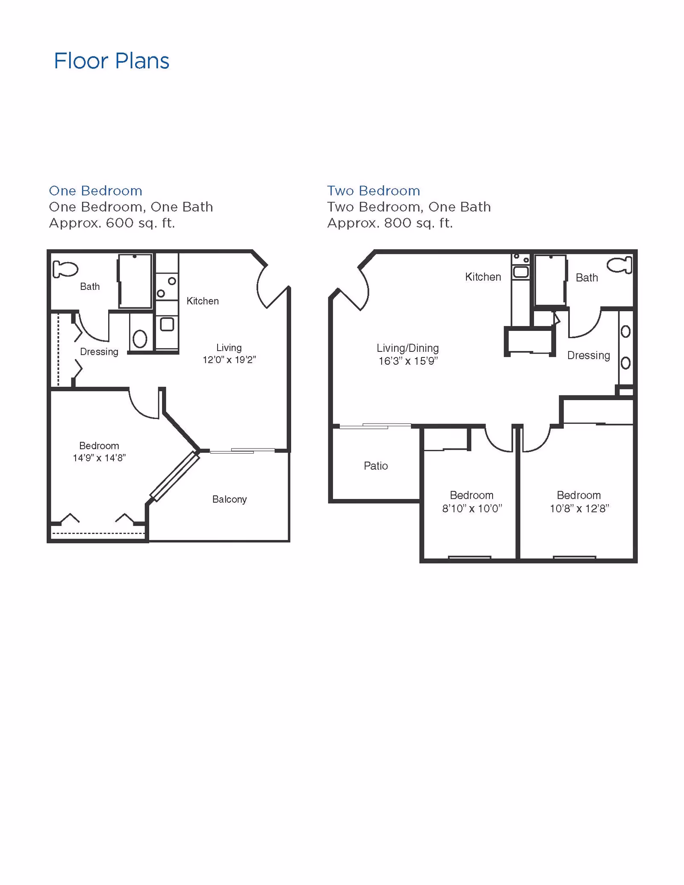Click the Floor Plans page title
(x=112, y=61)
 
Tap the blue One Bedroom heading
(x=95, y=191)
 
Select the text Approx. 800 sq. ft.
(x=390, y=223)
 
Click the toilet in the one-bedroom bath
(x=65, y=269)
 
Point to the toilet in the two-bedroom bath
(x=619, y=265)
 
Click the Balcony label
(x=230, y=499)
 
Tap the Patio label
(x=376, y=466)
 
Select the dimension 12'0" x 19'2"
(x=229, y=360)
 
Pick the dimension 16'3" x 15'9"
(x=408, y=361)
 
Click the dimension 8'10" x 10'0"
(x=472, y=508)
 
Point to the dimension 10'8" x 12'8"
(x=579, y=508)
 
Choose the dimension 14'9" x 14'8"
(x=99, y=458)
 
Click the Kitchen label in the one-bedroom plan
(x=203, y=301)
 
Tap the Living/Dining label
(x=408, y=348)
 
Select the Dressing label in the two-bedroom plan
(x=589, y=355)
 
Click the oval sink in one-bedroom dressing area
(x=140, y=339)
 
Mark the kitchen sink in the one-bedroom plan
(x=167, y=324)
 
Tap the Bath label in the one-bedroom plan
(x=90, y=286)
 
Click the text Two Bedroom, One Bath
(x=409, y=207)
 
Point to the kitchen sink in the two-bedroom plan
(x=521, y=272)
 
